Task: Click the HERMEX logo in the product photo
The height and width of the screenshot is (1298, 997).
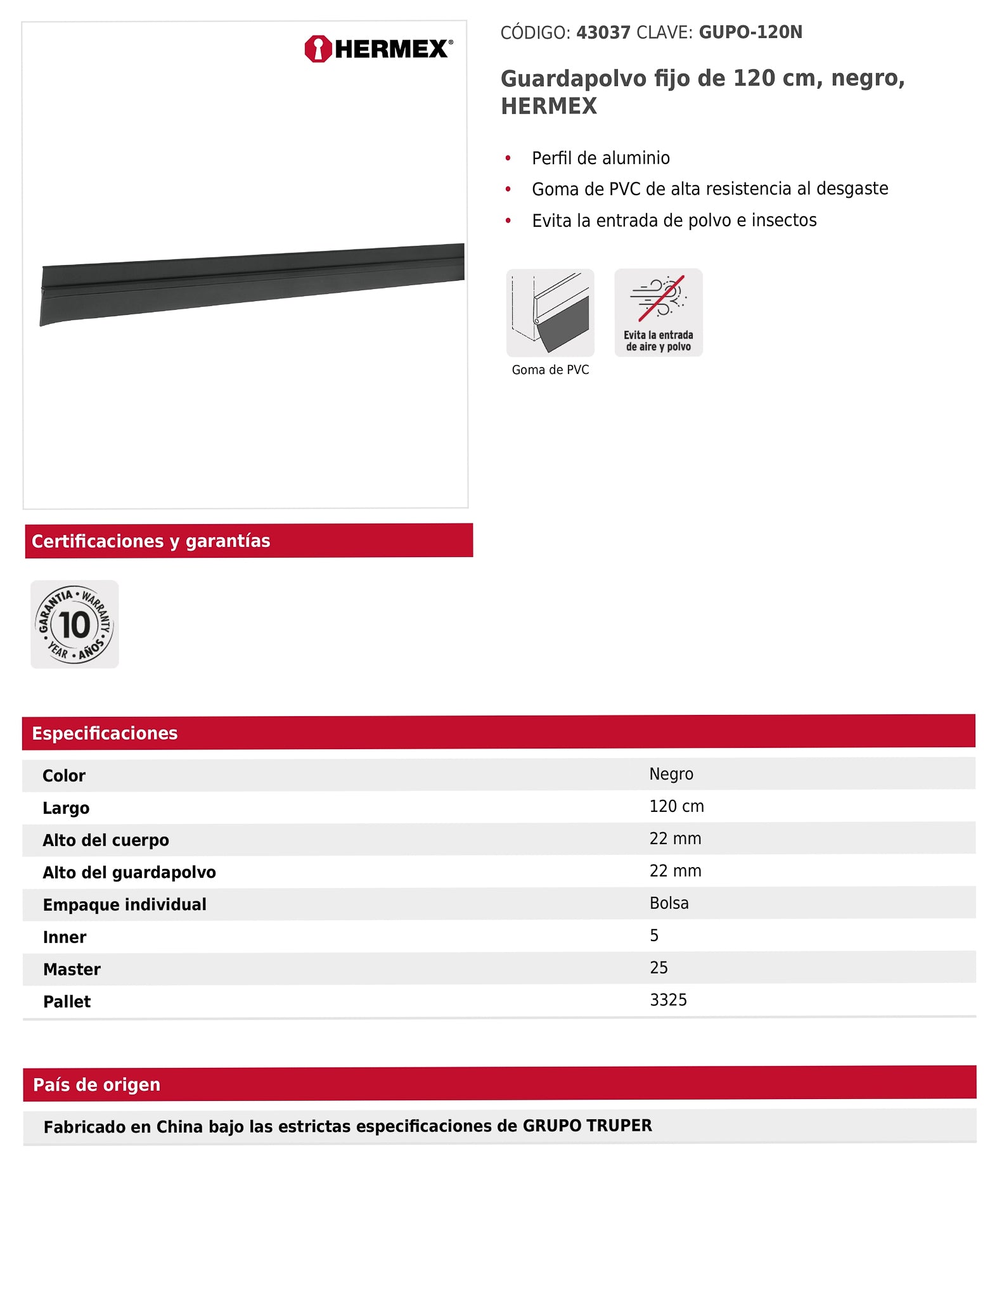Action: pos(379,49)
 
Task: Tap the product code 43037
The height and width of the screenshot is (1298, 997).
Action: pos(603,32)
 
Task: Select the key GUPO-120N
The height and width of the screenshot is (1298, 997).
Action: pos(750,32)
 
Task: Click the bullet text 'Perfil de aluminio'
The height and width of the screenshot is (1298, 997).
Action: pos(600,158)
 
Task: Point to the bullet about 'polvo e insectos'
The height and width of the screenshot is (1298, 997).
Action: pos(674,220)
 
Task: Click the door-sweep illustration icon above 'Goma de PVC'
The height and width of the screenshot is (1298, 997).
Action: pos(550,312)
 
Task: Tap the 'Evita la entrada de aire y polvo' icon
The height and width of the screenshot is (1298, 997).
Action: pos(658,312)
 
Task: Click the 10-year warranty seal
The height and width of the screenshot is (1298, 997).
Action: pos(75,624)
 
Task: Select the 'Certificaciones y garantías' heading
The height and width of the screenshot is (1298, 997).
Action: pos(151,541)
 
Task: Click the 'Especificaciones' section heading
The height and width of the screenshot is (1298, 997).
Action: pos(105,733)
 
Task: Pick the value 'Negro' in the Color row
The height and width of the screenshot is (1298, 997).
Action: pos(671,774)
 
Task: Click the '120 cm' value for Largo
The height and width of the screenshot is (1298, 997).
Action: pos(676,806)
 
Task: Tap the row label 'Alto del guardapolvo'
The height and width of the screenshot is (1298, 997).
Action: pos(129,872)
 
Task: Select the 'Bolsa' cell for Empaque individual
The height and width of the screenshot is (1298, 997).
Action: pos(669,903)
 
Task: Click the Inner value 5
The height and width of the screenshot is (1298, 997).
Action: pos(654,935)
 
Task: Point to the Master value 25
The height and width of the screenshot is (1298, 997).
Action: pos(659,968)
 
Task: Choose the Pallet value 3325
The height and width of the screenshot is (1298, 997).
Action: pos(668,1000)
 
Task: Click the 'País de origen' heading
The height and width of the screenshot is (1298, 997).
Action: pos(96,1084)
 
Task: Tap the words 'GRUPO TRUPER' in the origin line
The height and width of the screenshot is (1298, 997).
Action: pos(587,1126)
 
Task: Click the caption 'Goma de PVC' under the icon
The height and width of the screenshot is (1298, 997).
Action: pos(550,370)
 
